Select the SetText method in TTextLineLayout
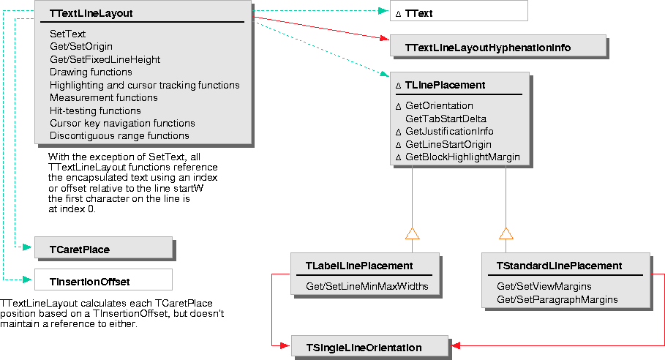pyautogui.click(x=67, y=34)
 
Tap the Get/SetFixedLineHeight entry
pyautogui.click(x=105, y=59)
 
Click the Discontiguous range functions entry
pyautogui.click(x=119, y=135)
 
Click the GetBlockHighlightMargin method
pyautogui.click(x=462, y=157)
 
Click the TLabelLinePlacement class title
pyautogui.click(x=359, y=265)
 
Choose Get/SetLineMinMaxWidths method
pyautogui.click(x=367, y=286)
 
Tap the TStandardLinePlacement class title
pyautogui.click(x=559, y=265)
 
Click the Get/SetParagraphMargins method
pyautogui.click(x=557, y=299)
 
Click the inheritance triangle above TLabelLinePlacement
pyautogui.click(x=412, y=233)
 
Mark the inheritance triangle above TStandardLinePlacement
pyautogui.click(x=506, y=233)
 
